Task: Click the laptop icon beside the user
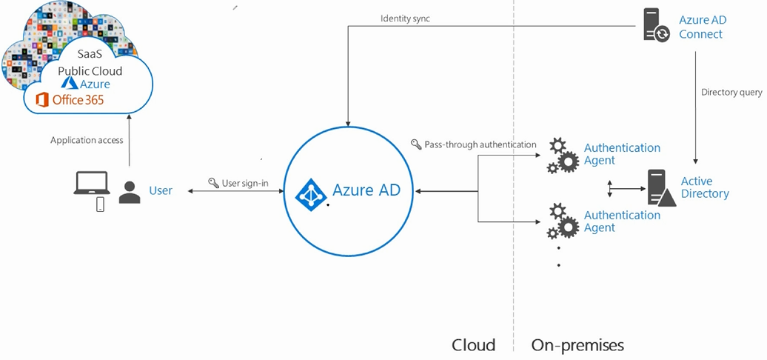pyautogui.click(x=91, y=183)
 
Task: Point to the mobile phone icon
pyautogui.click(x=100, y=204)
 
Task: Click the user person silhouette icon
pyautogui.click(x=130, y=193)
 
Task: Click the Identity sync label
pyautogui.click(x=406, y=19)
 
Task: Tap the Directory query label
pyautogui.click(x=731, y=93)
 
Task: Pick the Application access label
pyautogui.click(x=87, y=141)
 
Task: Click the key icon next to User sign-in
pyautogui.click(x=213, y=183)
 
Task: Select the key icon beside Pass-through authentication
pyautogui.click(x=416, y=144)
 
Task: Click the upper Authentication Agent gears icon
pyautogui.click(x=563, y=156)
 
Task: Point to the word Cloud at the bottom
pyautogui.click(x=473, y=345)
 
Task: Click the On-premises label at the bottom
pyautogui.click(x=577, y=345)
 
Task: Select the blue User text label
pyautogui.click(x=161, y=190)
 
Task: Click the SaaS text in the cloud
pyautogui.click(x=90, y=54)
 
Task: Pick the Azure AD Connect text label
pyautogui.click(x=703, y=27)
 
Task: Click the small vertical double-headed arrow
pyautogui.click(x=609, y=189)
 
